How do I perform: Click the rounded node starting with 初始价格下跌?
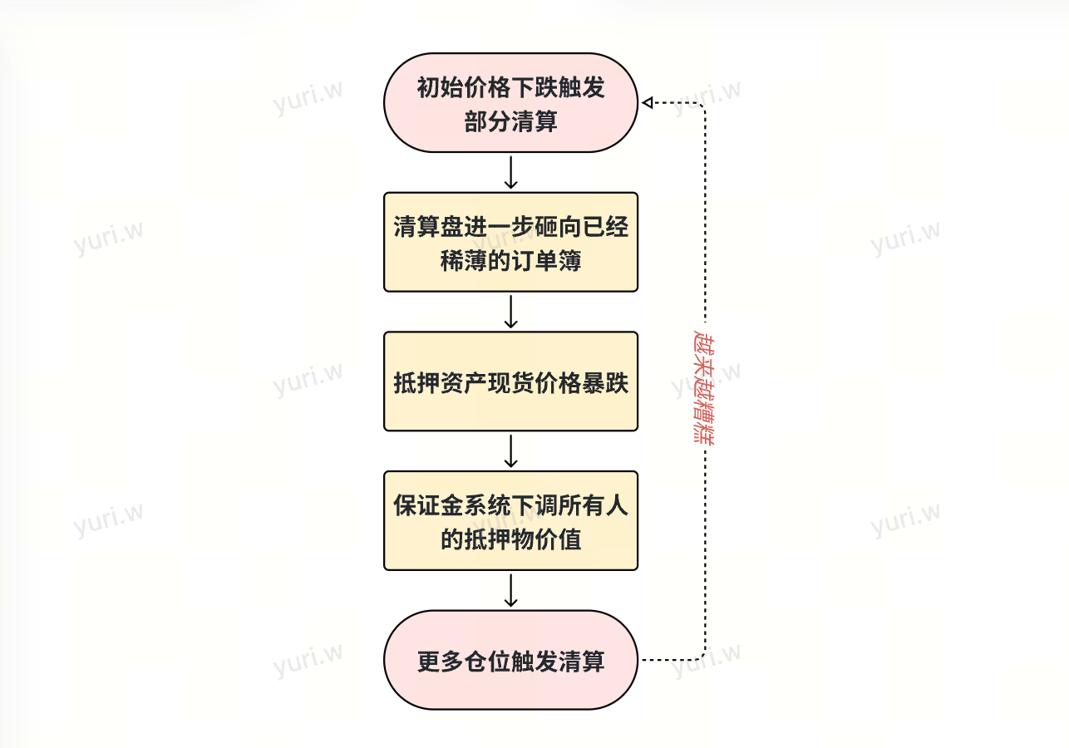tap(510, 103)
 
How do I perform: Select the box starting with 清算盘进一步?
tap(510, 242)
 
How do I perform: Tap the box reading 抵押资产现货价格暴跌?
tap(510, 381)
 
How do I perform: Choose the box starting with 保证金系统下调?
tap(510, 521)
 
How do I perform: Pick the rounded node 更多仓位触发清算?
tap(510, 660)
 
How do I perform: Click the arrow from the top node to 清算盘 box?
tap(511, 172)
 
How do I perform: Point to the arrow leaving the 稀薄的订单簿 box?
tap(511, 312)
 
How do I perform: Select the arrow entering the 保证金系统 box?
tap(511, 451)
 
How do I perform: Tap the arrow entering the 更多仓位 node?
tap(511, 590)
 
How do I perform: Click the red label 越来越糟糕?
tap(704, 383)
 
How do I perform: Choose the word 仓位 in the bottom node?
tap(487, 662)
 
